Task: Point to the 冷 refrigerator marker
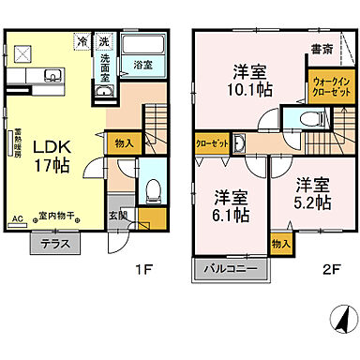click(x=82, y=41)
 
